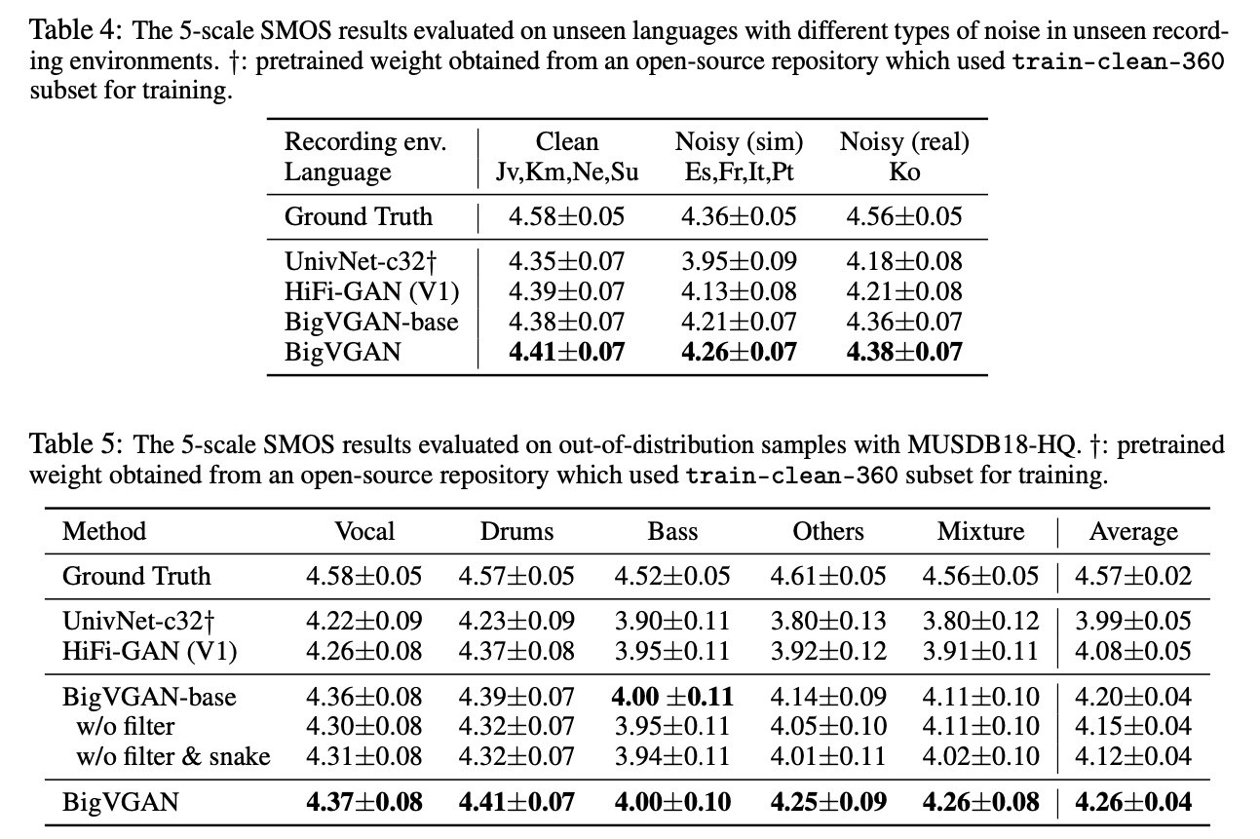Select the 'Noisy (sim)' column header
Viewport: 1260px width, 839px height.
click(x=739, y=142)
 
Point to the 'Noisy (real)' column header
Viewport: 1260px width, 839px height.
click(x=903, y=142)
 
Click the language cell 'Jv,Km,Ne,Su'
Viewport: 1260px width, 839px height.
click(x=566, y=172)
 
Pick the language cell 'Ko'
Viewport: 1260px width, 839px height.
click(x=904, y=172)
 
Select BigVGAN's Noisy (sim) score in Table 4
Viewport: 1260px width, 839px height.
click(x=739, y=351)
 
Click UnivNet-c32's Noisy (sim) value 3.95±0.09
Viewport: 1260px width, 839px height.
click(x=739, y=261)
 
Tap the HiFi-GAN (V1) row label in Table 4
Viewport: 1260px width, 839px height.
click(x=370, y=291)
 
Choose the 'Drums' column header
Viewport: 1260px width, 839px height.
click(x=516, y=531)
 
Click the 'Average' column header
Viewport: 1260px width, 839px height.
click(x=1132, y=531)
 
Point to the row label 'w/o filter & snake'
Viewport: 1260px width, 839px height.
click(x=172, y=755)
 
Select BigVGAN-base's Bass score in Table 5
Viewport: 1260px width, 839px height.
click(x=672, y=697)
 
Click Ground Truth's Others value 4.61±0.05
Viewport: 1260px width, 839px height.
click(x=828, y=576)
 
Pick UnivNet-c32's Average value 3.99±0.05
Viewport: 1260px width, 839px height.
click(x=1132, y=621)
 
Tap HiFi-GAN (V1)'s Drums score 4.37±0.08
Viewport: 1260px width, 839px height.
click(x=516, y=650)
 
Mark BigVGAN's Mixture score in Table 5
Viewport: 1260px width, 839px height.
click(x=980, y=803)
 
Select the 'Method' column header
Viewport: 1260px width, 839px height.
click(x=104, y=531)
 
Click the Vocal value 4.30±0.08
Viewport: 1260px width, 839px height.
click(x=363, y=726)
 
